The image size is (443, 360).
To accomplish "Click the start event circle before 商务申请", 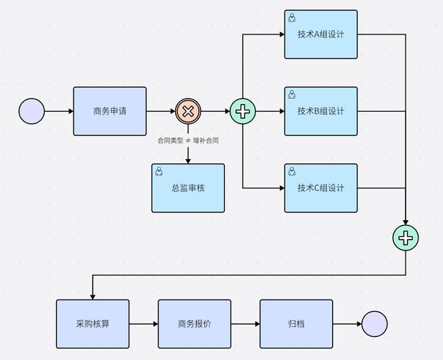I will (32, 112).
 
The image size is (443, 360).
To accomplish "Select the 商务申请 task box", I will (110, 111).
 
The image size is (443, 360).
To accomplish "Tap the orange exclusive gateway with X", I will (188, 111).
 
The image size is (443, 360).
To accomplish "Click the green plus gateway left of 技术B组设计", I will (243, 111).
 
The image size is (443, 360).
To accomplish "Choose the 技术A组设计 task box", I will (321, 34).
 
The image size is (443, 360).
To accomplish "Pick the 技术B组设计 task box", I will (321, 111).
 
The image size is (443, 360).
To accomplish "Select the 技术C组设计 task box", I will (321, 188).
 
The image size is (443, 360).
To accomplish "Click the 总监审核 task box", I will (188, 188).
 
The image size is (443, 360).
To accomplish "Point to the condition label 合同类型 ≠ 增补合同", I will (188, 141).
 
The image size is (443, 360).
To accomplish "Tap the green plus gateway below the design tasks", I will (406, 238).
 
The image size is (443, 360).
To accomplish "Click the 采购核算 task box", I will (92, 324).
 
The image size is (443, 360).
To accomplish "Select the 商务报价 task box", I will (194, 324).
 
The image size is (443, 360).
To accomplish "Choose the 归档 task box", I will (296, 324).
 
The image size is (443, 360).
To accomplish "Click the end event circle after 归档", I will (375, 324).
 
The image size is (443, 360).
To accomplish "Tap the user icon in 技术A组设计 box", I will (292, 17).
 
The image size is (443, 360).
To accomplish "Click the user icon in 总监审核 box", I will (159, 171).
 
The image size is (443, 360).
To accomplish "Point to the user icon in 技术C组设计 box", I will (292, 171).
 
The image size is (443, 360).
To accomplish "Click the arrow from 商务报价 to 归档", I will (245, 324).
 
